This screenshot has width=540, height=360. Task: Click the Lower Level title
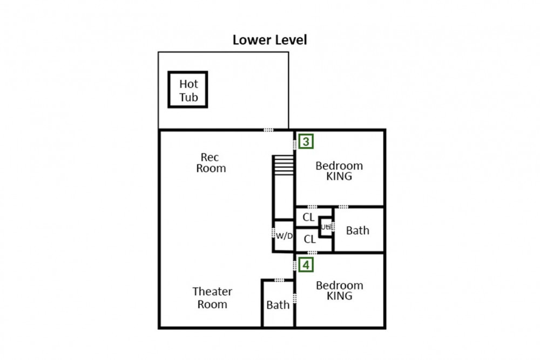[x=269, y=40]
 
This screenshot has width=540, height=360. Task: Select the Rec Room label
[x=211, y=163]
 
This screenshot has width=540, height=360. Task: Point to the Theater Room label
[x=212, y=298]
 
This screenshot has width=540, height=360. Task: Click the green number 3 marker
[x=306, y=141]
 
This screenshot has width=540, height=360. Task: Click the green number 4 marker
[x=306, y=264]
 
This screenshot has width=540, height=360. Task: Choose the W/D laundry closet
[x=284, y=236]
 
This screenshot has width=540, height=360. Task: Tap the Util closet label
[x=326, y=227]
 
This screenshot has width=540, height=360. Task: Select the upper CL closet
[x=308, y=217]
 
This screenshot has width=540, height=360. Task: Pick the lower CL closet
[x=309, y=239]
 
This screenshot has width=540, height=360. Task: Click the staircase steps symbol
[x=283, y=165]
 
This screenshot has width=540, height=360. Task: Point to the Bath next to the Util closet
[x=357, y=230]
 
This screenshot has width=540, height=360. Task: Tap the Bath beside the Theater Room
[x=278, y=305]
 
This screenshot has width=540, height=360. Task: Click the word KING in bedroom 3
[x=339, y=176]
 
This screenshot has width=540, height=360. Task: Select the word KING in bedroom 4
[x=340, y=296]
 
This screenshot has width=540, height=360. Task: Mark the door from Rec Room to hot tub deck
[x=268, y=130]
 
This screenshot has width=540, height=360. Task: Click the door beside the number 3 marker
[x=294, y=145]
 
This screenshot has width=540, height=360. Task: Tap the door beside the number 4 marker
[x=295, y=266]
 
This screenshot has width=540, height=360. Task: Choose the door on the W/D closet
[x=273, y=233]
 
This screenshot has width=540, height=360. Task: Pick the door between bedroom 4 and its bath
[x=295, y=298]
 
